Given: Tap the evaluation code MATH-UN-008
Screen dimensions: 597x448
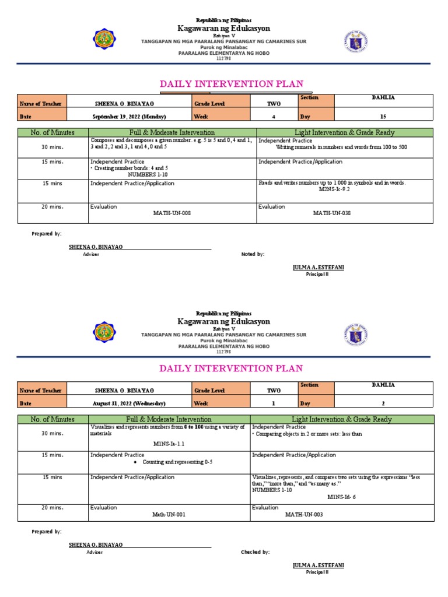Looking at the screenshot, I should tap(171, 213).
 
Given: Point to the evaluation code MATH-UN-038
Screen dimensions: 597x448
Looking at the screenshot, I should tap(332, 213).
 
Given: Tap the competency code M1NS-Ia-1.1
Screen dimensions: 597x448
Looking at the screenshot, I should tap(169, 443).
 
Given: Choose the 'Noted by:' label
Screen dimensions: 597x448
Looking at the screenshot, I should tap(253, 254).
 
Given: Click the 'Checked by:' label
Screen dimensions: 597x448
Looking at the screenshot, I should tap(255, 552).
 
